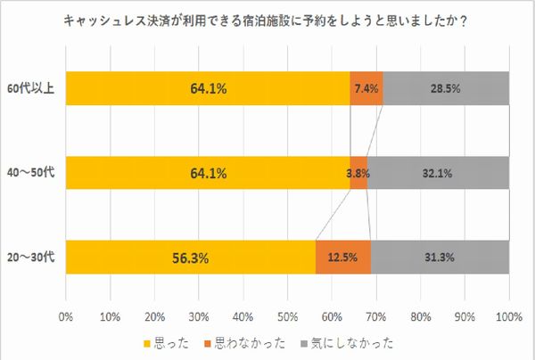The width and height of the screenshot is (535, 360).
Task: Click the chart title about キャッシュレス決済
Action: [268, 21]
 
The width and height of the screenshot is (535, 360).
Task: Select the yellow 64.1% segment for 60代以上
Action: [207, 88]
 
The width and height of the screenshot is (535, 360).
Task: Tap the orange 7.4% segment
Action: [366, 88]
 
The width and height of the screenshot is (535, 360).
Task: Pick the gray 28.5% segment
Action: [446, 88]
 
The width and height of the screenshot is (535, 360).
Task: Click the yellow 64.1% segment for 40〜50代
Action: [207, 173]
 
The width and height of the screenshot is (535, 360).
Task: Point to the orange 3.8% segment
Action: [358, 173]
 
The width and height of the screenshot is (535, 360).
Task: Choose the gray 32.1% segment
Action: [438, 173]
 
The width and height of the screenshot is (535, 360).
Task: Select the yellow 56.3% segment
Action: [190, 258]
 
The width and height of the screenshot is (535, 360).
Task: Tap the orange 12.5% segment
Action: [343, 258]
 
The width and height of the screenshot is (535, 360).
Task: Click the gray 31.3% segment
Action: [440, 258]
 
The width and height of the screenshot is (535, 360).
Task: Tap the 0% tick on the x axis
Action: [65, 315]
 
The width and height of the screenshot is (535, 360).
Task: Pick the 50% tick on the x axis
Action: [287, 315]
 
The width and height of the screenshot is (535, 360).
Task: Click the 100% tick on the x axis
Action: [509, 315]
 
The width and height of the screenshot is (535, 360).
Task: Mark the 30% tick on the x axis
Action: [198, 315]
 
